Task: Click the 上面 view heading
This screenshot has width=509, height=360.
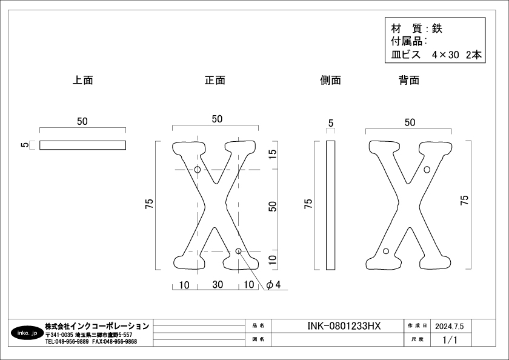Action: tap(83, 80)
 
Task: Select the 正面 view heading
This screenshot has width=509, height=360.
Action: tap(215, 80)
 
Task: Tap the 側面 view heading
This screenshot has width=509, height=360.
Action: tap(330, 80)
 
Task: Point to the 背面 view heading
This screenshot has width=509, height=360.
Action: tap(409, 80)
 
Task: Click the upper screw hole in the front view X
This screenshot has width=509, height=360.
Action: tap(198, 170)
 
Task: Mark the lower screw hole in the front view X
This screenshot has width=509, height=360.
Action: tap(238, 251)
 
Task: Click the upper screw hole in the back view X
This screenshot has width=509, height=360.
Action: tap(427, 170)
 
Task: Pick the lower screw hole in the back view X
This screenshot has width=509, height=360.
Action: tap(386, 251)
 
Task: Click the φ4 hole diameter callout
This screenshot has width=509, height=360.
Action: tap(273, 285)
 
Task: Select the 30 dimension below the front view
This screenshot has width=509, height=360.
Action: tap(218, 285)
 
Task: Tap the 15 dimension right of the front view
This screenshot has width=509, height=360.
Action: tap(273, 153)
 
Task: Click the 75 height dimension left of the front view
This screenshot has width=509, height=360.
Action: tap(149, 204)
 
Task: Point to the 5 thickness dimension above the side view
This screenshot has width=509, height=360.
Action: tap(331, 124)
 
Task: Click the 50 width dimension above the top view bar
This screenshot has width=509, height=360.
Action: tap(82, 121)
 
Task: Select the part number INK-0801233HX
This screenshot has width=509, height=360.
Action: tap(344, 326)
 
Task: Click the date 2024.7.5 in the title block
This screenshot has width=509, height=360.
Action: tap(449, 326)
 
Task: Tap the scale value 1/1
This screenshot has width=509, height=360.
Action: tap(450, 340)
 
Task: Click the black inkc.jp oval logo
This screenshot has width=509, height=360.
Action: tap(27, 333)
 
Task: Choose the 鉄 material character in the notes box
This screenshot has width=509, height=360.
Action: tap(437, 29)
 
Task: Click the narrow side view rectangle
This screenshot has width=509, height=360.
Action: tap(330, 205)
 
